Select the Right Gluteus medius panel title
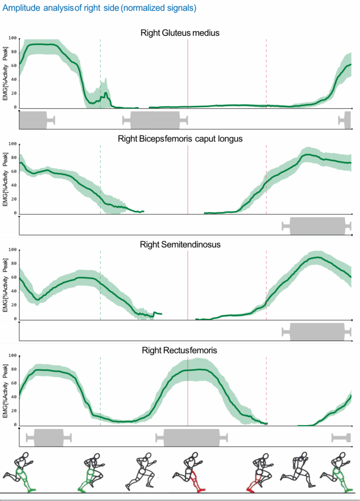(x=180, y=33)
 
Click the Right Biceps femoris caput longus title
(x=180, y=139)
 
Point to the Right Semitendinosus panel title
(x=180, y=244)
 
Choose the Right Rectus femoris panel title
(x=180, y=350)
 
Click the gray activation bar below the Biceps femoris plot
(x=317, y=226)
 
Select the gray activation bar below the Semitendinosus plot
(x=317, y=331)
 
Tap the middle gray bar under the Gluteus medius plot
(x=155, y=120)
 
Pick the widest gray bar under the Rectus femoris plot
(x=191, y=437)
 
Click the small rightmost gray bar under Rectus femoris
(x=341, y=437)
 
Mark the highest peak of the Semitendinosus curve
(x=318, y=257)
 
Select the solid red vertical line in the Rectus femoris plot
(x=188, y=391)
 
